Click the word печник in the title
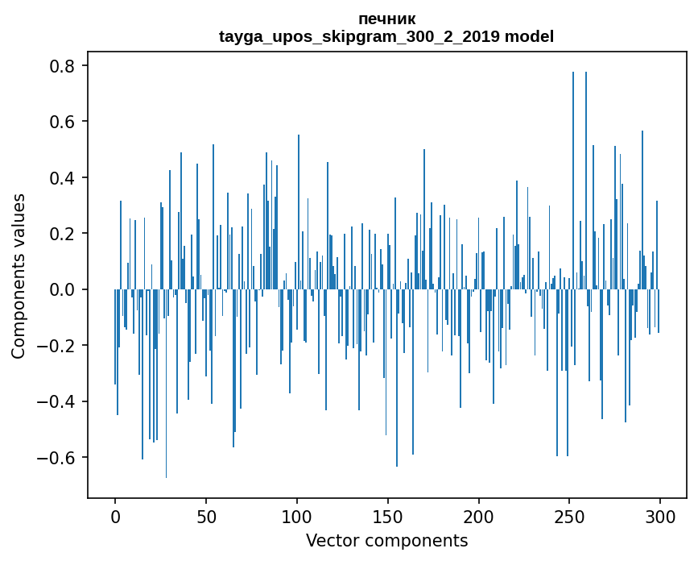[386, 19]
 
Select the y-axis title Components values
[19, 276]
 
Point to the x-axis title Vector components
[386, 540]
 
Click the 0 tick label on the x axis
[115, 515]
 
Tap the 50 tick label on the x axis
[206, 515]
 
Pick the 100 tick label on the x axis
[297, 515]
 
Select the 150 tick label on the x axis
[388, 515]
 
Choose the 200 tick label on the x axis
[479, 515]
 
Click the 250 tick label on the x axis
[570, 515]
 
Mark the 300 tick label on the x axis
[660, 515]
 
